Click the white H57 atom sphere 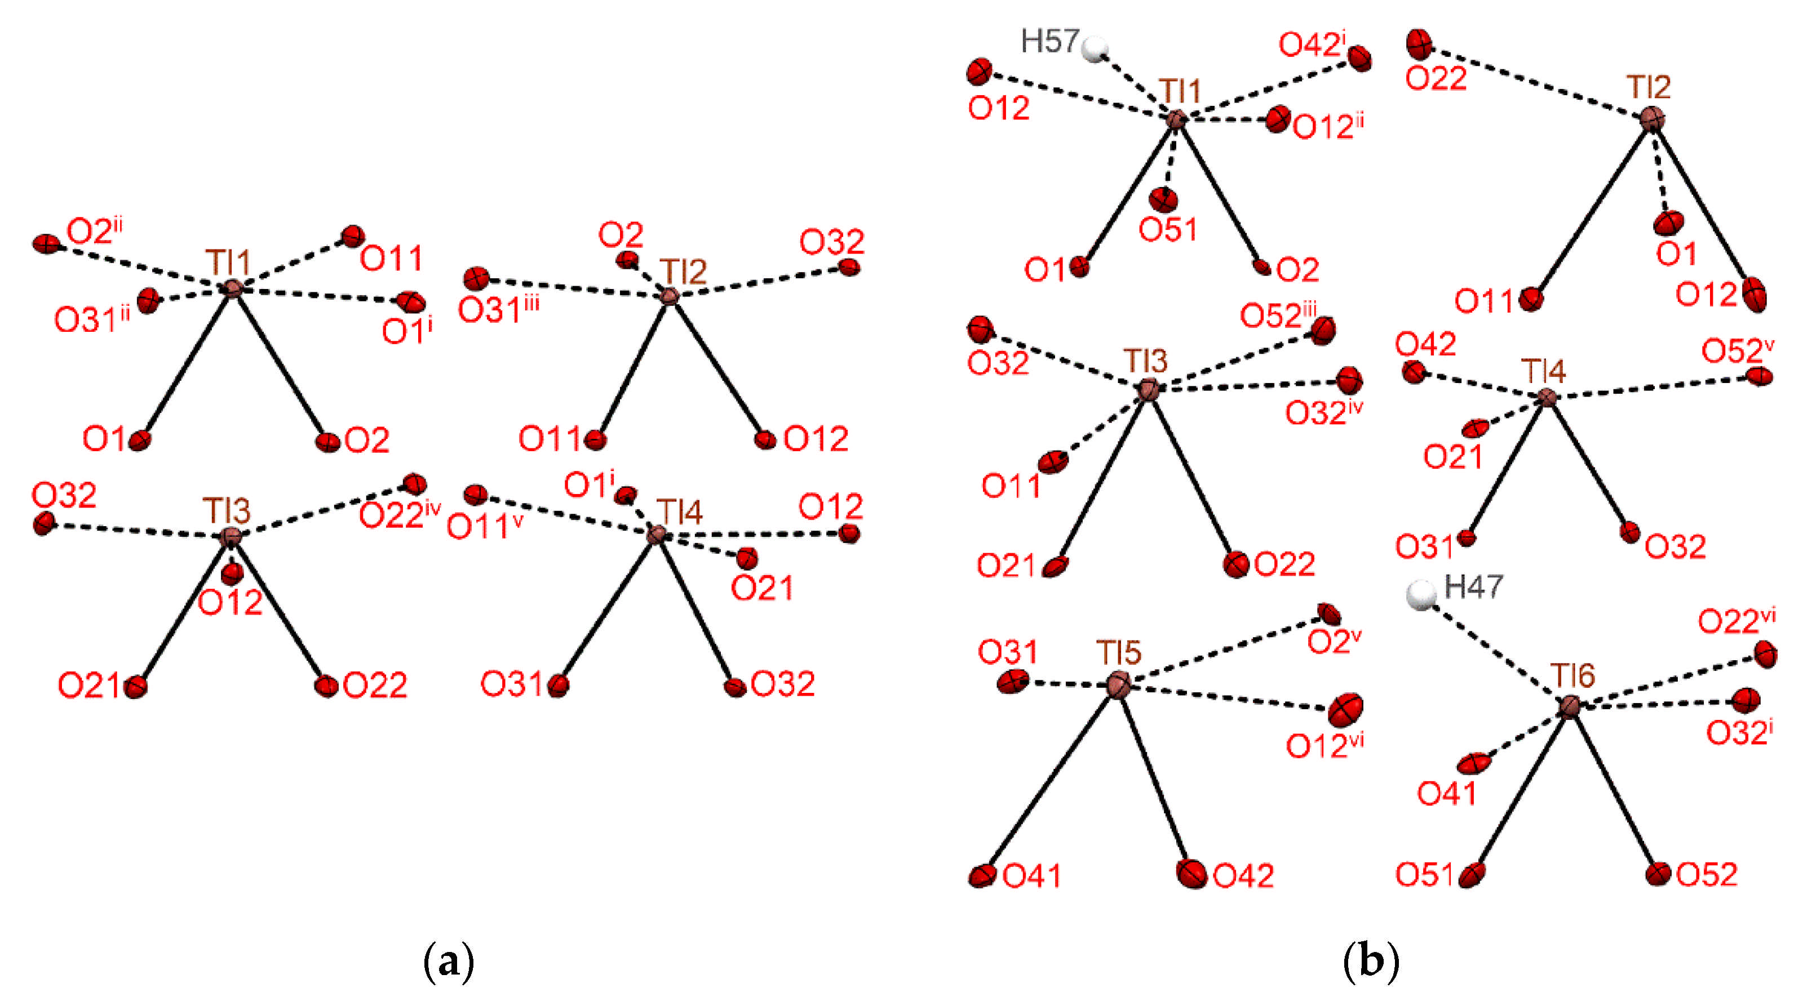(x=1094, y=49)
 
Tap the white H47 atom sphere (x=1421, y=595)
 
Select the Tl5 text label (x=1118, y=653)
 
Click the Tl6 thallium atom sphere (x=1570, y=706)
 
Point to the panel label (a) (x=449, y=962)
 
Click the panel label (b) (x=1371, y=962)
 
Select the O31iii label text (x=498, y=310)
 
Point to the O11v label (x=484, y=527)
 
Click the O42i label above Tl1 (x=1312, y=45)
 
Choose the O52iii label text (x=1277, y=315)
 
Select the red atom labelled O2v (x=1329, y=613)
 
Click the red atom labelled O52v (x=1759, y=376)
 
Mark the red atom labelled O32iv (x=1349, y=381)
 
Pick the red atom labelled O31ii (x=148, y=301)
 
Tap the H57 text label (x=1049, y=42)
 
